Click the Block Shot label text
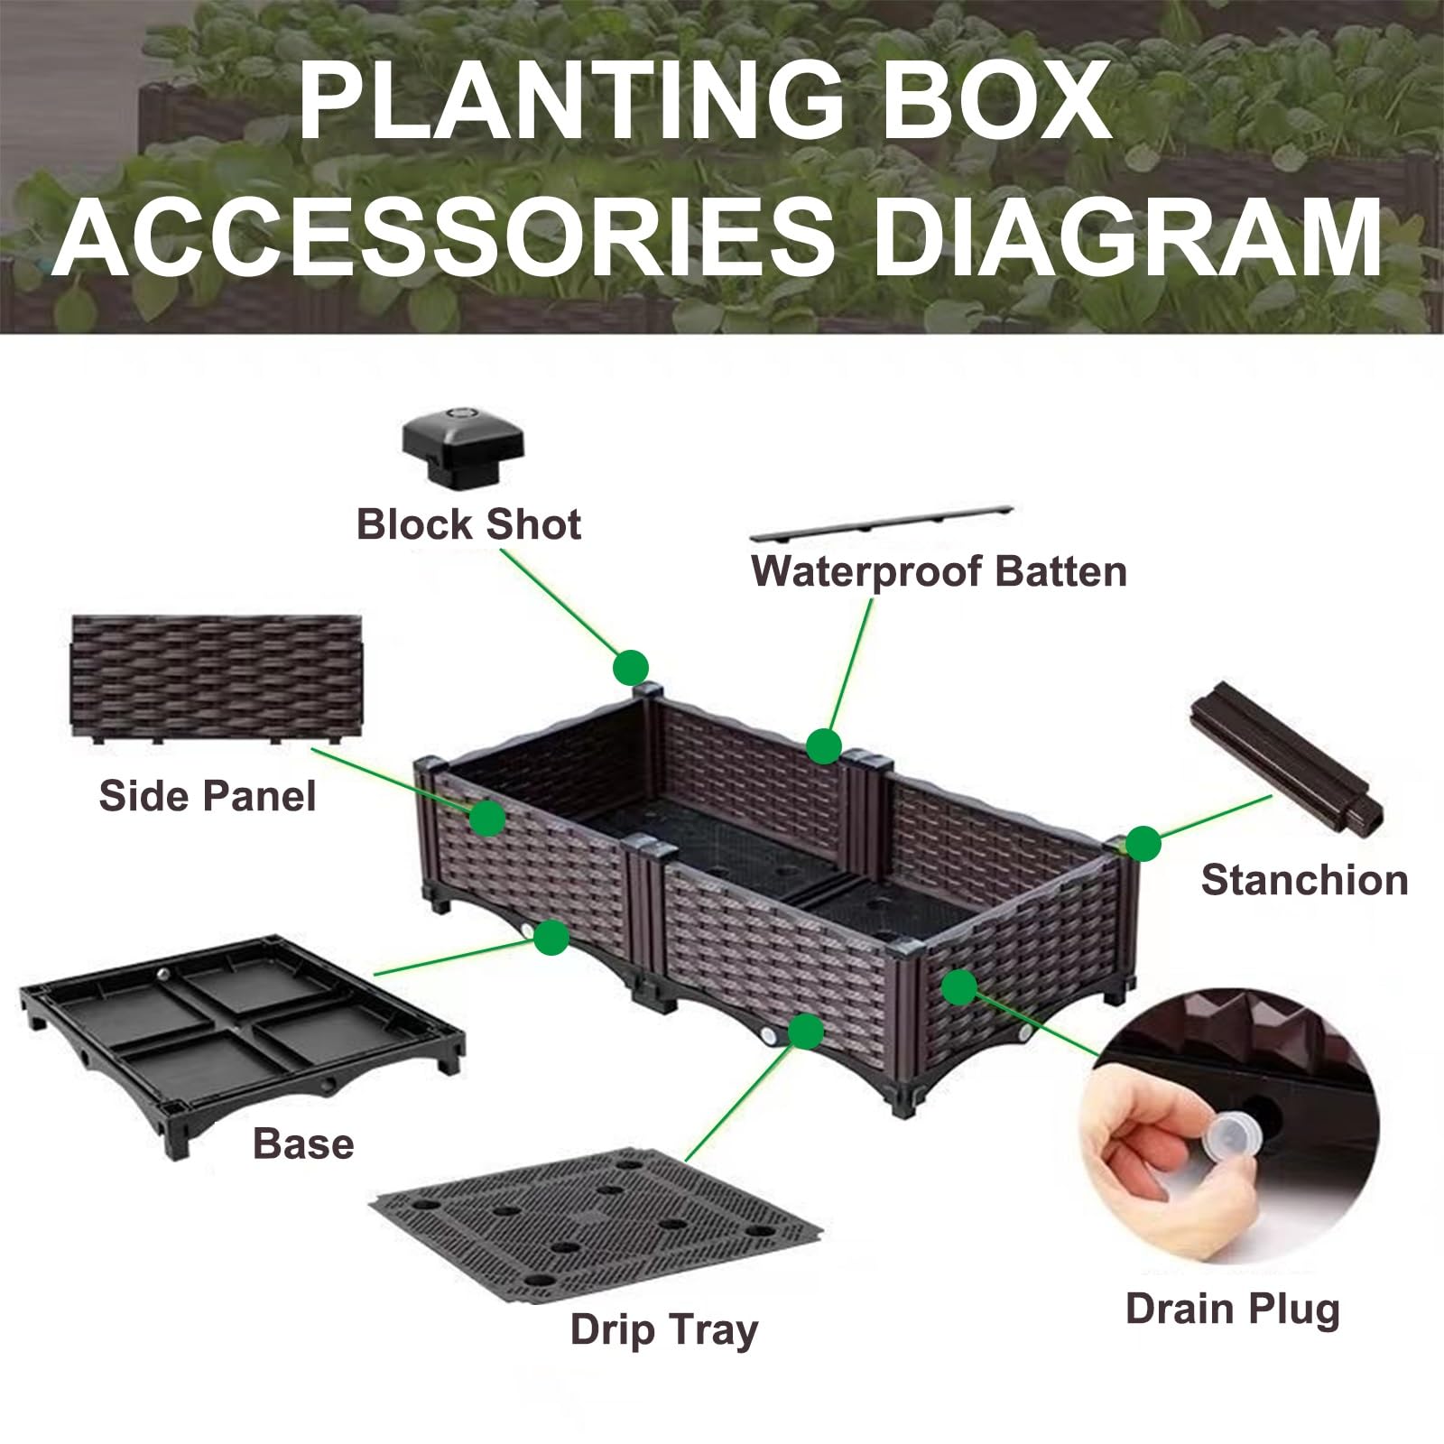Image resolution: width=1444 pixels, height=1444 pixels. point(468,524)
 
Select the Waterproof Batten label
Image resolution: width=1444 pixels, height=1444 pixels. point(939,572)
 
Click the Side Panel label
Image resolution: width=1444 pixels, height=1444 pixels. point(208,796)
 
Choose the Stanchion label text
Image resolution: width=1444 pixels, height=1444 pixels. point(1304,880)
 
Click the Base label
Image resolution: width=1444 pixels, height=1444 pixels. point(303,1143)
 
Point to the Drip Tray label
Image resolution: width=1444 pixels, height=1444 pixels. point(664,1330)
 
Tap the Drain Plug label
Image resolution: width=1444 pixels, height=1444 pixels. point(1232,1310)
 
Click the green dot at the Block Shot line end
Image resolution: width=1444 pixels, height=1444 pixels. point(631,668)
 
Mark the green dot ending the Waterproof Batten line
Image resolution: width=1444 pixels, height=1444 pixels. point(823,746)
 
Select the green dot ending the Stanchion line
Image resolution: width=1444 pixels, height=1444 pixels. point(1143,844)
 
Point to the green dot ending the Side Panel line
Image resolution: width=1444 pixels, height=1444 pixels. point(487,818)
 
